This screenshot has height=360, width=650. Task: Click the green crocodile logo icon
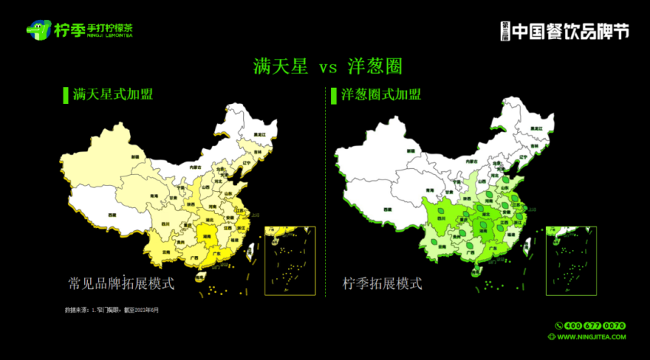click(x=38, y=31)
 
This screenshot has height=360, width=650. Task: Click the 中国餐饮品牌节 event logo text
click(x=570, y=31)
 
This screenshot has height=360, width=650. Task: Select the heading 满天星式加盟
click(x=112, y=95)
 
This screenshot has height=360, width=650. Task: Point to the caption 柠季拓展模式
click(x=382, y=283)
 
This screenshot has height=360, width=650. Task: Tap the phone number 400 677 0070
click(x=596, y=325)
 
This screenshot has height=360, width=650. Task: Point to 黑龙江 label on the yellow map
click(x=261, y=135)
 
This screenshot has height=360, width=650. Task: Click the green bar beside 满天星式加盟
click(x=65, y=95)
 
